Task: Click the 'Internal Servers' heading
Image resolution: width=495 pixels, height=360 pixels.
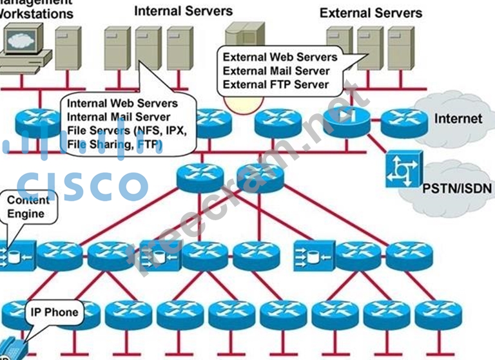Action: click(184, 11)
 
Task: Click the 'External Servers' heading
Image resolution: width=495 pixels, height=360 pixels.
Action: click(371, 12)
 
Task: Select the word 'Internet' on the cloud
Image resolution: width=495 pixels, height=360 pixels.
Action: click(458, 118)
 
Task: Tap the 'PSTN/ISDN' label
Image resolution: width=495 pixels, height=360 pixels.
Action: click(457, 189)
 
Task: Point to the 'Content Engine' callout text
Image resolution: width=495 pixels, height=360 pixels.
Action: click(27, 207)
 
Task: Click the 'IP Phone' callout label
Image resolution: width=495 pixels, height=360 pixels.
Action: click(54, 313)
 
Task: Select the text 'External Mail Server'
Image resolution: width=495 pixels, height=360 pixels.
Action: click(276, 71)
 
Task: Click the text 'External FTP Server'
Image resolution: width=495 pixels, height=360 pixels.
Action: click(276, 84)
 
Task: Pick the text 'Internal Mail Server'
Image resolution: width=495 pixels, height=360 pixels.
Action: click(119, 117)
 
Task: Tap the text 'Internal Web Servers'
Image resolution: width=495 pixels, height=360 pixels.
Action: click(122, 103)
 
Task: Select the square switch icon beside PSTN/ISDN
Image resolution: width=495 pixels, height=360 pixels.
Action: click(403, 169)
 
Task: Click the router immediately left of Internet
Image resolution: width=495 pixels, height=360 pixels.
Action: click(403, 122)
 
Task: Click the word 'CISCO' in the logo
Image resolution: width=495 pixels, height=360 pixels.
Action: click(81, 184)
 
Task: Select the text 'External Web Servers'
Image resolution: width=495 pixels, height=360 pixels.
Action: click(280, 57)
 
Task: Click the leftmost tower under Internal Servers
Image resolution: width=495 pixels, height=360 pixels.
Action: click(117, 48)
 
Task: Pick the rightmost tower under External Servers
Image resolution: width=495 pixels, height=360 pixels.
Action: click(401, 48)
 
